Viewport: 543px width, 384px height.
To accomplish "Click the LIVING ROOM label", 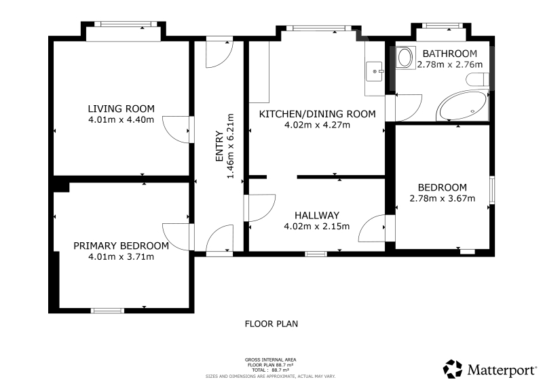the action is click(x=121, y=109).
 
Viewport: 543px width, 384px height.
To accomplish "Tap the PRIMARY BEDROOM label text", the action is click(x=121, y=246).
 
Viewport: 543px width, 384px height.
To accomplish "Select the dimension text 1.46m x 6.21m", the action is click(x=230, y=146).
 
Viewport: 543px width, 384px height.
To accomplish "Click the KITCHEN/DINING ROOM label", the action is click(x=317, y=114).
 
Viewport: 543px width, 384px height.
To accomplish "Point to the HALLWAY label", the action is click(x=317, y=215).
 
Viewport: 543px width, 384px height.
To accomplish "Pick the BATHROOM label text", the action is click(x=450, y=54).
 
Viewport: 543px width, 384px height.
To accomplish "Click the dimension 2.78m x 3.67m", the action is click(x=443, y=198).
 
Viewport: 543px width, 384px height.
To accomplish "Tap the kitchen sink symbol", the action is click(x=375, y=71).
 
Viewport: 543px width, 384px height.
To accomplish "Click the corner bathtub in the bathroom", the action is click(x=463, y=105).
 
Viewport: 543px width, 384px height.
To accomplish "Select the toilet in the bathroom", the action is click(x=477, y=79).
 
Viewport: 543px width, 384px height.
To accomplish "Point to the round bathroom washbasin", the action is click(x=404, y=58).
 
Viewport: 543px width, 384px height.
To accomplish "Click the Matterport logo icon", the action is click(x=453, y=369).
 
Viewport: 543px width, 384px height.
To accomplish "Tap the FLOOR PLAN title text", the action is click(x=271, y=324).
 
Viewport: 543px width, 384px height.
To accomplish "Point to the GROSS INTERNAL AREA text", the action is click(x=270, y=360).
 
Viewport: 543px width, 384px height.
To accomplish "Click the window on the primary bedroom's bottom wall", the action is click(x=107, y=311).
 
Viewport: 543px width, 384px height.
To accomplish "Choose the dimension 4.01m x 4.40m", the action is click(x=121, y=120).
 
